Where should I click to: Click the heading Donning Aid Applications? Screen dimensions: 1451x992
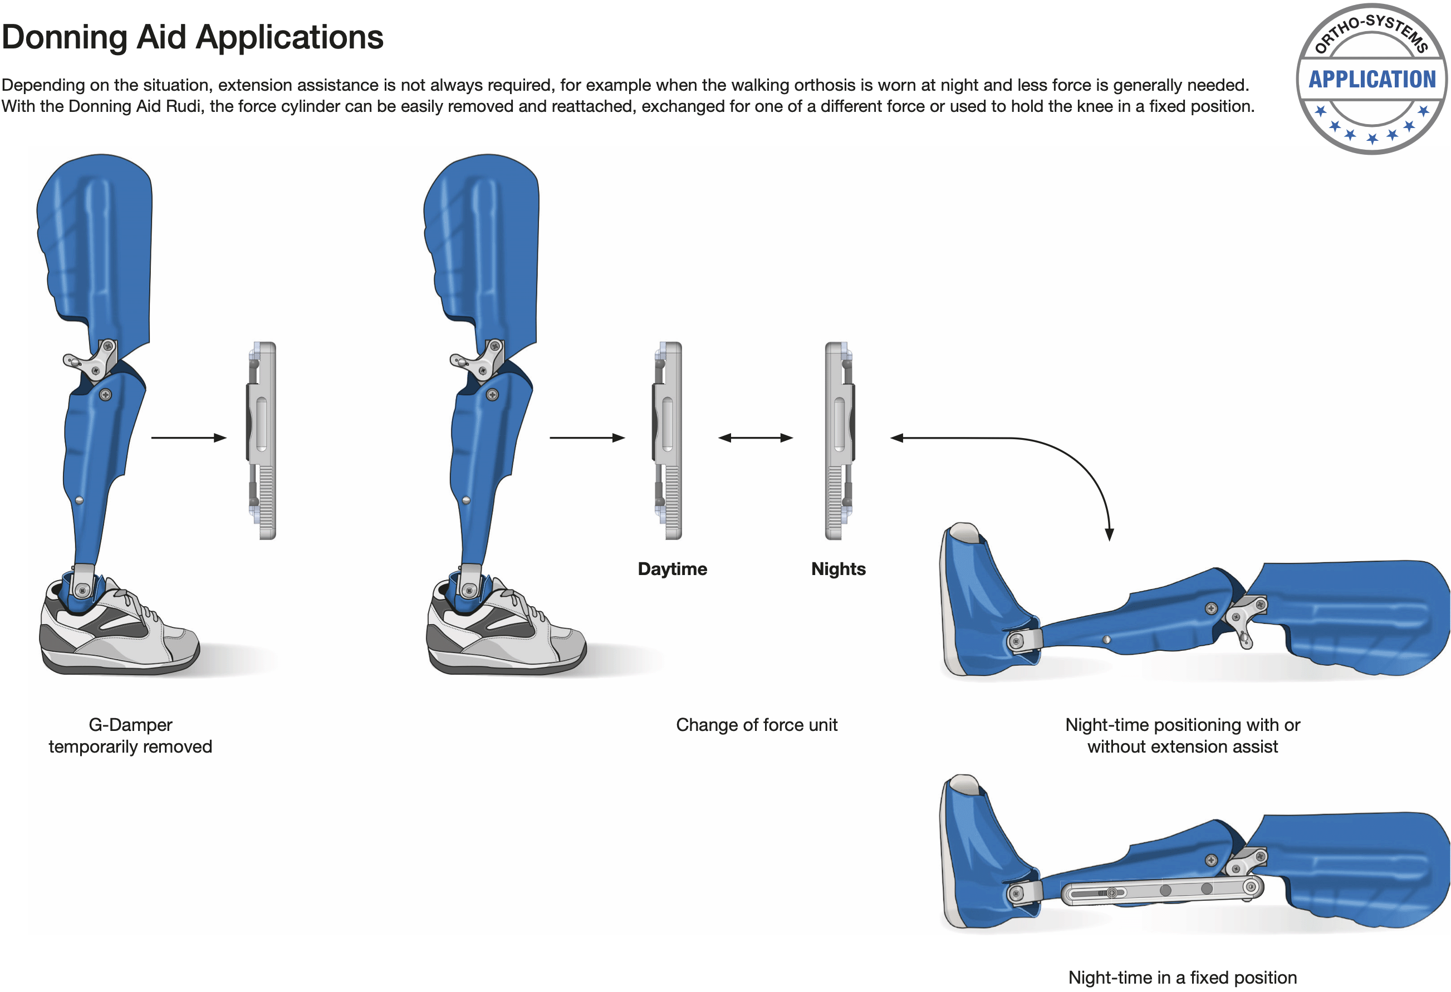coord(192,37)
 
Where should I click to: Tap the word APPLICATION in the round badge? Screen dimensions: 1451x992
coord(1372,79)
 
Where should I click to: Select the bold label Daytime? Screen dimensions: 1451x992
coord(673,569)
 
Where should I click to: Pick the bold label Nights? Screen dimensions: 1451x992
coord(839,569)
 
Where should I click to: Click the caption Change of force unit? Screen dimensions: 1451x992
coord(757,725)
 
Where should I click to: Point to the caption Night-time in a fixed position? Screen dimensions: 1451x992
coord(1183,977)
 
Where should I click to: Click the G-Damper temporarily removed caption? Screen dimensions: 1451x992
coord(130,735)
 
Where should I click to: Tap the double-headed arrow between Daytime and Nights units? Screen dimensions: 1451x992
coord(756,438)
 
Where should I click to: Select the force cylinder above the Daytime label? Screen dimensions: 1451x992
coord(668,441)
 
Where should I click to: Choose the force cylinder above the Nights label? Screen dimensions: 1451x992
coord(840,441)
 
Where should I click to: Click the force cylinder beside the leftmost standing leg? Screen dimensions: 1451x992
coord(262,441)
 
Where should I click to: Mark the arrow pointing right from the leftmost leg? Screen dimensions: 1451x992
coord(189,438)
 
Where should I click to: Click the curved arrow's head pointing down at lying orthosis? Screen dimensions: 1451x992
coord(1110,534)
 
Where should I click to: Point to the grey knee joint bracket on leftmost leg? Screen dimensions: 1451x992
coord(92,361)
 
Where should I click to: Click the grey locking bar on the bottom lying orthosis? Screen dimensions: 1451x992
coord(1162,891)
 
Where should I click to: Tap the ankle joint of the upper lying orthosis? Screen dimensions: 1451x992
coord(1017,641)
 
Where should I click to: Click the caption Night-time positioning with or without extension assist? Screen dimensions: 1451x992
coord(1183,735)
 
